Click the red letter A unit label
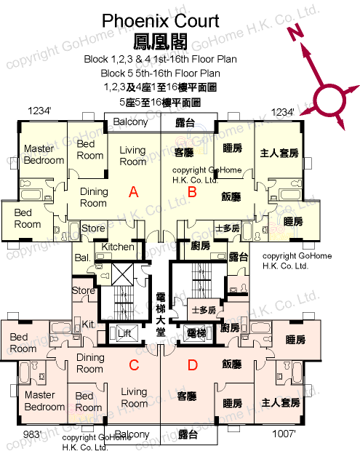point(133,192)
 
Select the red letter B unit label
point(192,192)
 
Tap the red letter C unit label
point(134,365)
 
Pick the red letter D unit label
point(193,365)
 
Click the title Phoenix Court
point(161,21)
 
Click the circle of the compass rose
point(329,100)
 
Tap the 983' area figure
point(32,434)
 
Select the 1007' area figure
point(284,434)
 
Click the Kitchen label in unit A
point(118,247)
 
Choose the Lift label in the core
point(124,333)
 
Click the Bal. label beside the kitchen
point(82,258)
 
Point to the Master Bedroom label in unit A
point(44,154)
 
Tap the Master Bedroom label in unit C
point(44,401)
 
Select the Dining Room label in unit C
point(90,363)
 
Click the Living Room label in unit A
point(133,156)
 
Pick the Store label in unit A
point(93,228)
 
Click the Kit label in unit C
point(88,324)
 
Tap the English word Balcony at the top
point(130,122)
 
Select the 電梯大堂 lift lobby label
point(161,315)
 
